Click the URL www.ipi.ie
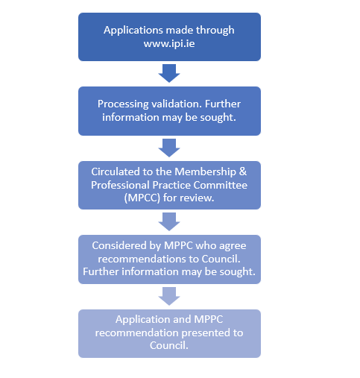click(169, 43)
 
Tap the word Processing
click(124, 104)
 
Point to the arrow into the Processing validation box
click(169, 73)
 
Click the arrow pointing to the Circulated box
click(169, 147)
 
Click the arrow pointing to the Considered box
click(169, 221)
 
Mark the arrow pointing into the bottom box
click(169, 294)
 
